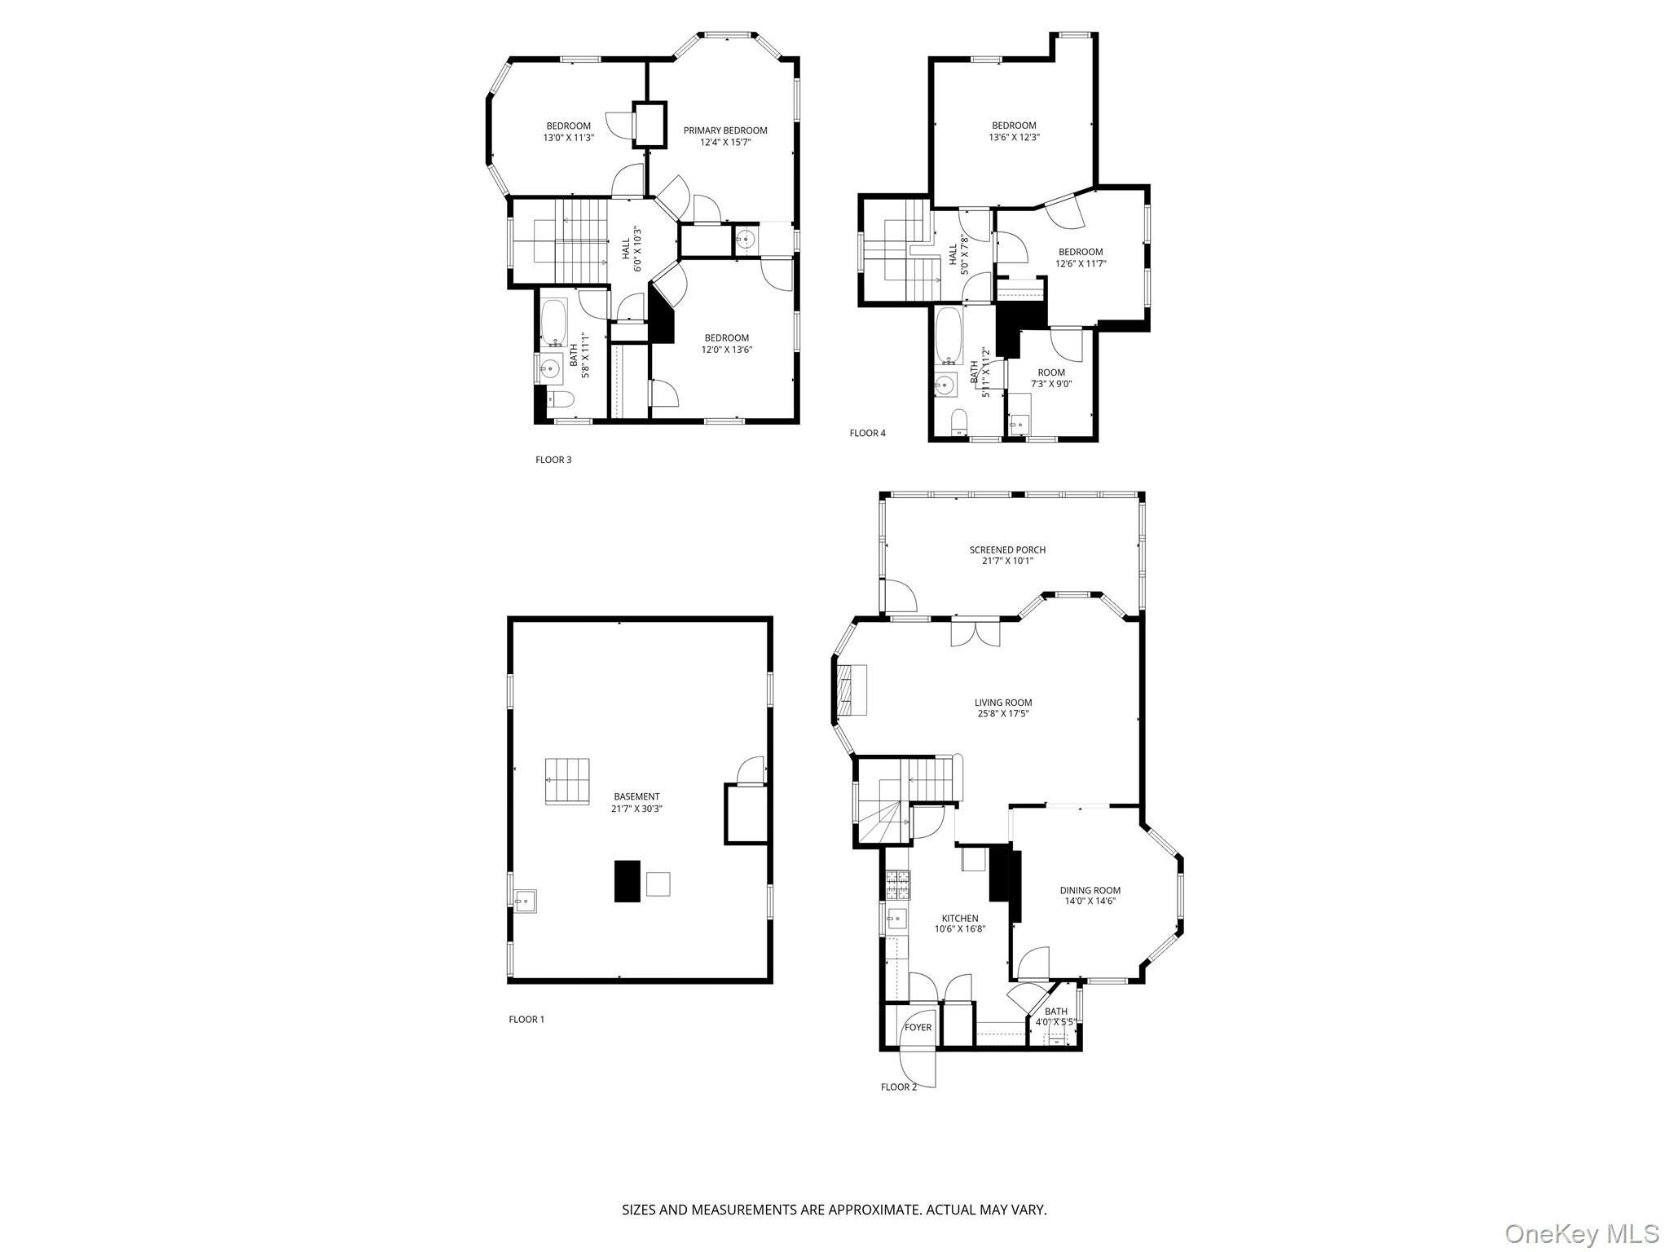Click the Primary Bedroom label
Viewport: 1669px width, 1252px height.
725,130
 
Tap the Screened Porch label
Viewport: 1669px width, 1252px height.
1007,549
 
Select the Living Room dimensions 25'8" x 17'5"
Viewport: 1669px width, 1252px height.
1003,714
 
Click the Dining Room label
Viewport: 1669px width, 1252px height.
1090,890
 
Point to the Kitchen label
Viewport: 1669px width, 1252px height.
960,919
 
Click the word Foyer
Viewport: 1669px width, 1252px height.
918,1027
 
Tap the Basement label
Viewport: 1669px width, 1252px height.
637,796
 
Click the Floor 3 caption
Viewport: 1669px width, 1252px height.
553,460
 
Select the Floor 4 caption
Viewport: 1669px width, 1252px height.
867,433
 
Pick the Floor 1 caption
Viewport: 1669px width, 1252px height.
526,1019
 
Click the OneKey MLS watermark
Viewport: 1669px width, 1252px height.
1582,1233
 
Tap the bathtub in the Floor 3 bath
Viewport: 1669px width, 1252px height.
555,323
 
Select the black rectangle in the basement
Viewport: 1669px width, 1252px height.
626,881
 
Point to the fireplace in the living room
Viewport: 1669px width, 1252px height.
850,690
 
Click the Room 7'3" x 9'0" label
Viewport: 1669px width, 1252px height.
1051,378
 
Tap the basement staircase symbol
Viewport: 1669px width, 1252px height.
567,781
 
